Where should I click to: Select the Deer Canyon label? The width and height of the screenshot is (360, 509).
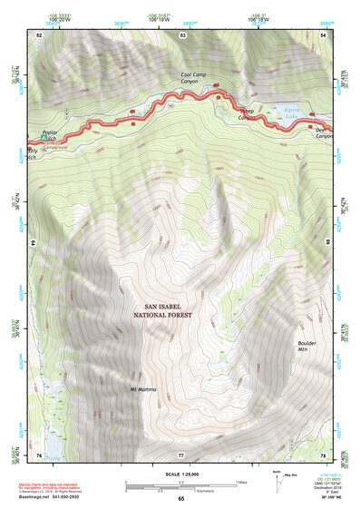pos(325,132)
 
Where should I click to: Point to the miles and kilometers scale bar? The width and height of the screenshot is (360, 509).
pos(180,484)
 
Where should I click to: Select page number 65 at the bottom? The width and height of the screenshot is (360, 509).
pos(180,498)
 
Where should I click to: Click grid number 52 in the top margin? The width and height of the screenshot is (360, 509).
pos(39,34)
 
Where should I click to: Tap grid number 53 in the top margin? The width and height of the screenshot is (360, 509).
pos(182,34)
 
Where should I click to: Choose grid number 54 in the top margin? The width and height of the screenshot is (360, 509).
pos(324,34)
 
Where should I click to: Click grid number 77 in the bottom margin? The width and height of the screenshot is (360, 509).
pos(180,453)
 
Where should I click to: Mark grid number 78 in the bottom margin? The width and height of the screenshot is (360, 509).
pos(324,453)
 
